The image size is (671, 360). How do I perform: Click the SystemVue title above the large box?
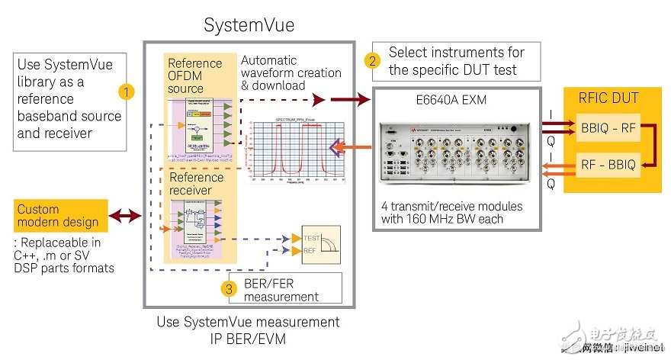pyautogui.click(x=249, y=25)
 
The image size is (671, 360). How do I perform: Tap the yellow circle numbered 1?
pyautogui.click(x=127, y=92)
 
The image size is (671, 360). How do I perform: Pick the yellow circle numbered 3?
pyautogui.click(x=227, y=289)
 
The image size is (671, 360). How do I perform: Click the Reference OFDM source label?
pyautogui.click(x=195, y=76)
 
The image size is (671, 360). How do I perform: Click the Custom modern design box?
pyautogui.click(x=58, y=216)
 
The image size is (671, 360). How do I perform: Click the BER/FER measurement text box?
pyautogui.click(x=286, y=289)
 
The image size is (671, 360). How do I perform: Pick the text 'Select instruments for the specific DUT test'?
pyautogui.click(x=456, y=61)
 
